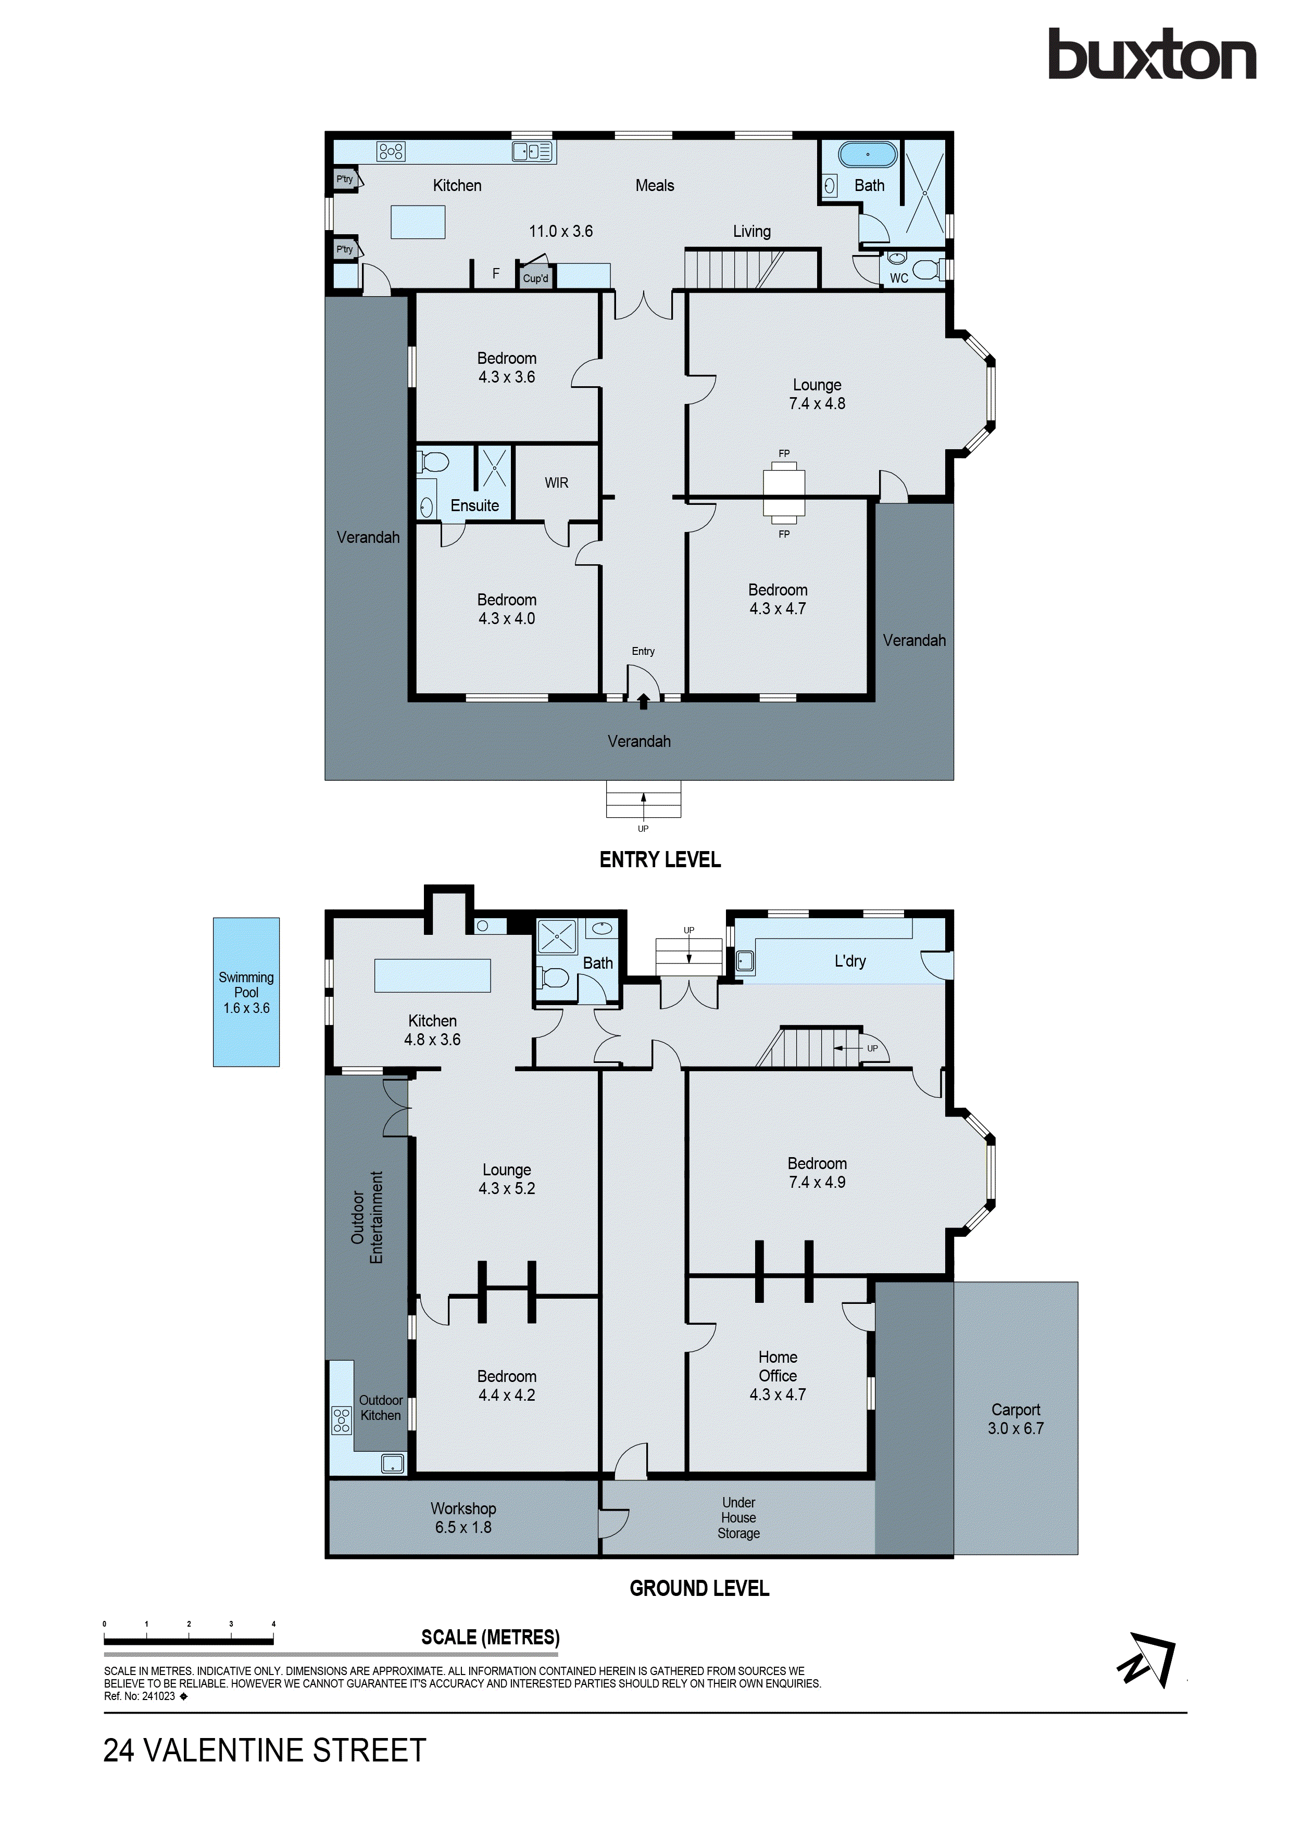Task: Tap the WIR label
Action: point(556,483)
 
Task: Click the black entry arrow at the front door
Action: point(644,702)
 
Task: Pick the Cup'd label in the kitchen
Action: point(535,278)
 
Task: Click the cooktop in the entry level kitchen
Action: point(391,151)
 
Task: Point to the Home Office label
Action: point(777,1366)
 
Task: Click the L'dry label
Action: point(849,961)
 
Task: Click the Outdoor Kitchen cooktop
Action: point(341,1419)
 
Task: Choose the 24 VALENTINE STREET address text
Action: point(265,1751)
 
